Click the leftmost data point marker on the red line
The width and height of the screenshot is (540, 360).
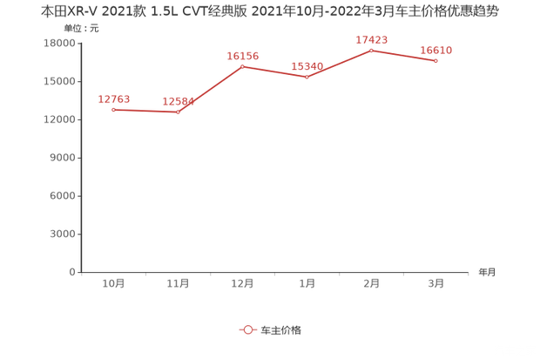click(x=113, y=109)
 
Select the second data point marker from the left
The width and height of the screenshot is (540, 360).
click(x=179, y=112)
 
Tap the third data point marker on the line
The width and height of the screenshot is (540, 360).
click(x=242, y=65)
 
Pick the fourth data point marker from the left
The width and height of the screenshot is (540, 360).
click(x=307, y=78)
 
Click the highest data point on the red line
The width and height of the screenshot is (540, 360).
click(x=371, y=50)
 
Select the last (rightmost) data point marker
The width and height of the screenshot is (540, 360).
click(x=435, y=61)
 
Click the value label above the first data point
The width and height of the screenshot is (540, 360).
click(x=115, y=98)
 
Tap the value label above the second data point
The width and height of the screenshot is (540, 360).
click(x=178, y=101)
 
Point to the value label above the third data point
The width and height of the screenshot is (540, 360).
click(x=243, y=56)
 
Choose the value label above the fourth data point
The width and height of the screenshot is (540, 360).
click(x=307, y=65)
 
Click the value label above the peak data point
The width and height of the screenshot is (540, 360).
click(x=373, y=39)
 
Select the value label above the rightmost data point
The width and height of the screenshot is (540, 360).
click(x=435, y=51)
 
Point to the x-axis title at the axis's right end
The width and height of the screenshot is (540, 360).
click(x=487, y=272)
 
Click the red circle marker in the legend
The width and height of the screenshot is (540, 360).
click(x=247, y=329)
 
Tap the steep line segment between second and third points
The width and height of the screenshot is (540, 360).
click(x=211, y=88)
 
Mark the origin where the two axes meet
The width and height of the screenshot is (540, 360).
click(x=80, y=272)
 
